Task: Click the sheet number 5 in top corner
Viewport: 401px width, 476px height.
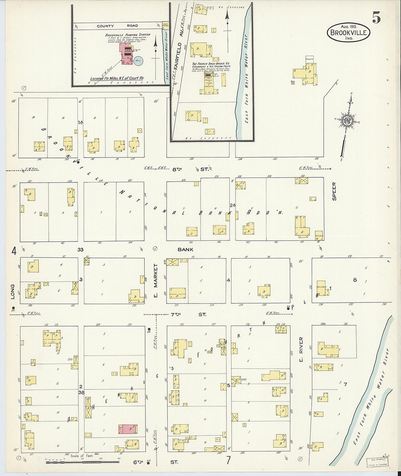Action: [x=377, y=17]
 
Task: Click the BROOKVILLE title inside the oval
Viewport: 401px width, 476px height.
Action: [x=349, y=32]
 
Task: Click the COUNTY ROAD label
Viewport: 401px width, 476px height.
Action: [x=117, y=26]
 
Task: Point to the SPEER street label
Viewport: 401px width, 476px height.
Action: [x=334, y=191]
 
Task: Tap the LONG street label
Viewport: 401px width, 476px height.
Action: [x=12, y=292]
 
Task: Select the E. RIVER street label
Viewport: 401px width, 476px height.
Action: [x=301, y=350]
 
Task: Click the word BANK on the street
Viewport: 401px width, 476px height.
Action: [x=186, y=249]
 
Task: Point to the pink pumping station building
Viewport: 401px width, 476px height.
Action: [x=126, y=54]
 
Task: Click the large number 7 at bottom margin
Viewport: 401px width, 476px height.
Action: [x=229, y=460]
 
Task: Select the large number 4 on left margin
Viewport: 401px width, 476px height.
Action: [x=14, y=251]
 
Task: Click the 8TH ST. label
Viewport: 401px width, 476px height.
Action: [x=205, y=169]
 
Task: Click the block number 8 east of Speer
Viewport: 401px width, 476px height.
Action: [x=354, y=280]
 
